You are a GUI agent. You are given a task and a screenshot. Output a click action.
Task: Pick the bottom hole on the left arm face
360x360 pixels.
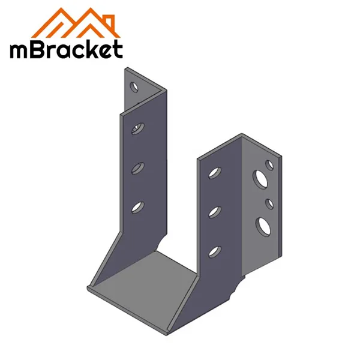[139, 207]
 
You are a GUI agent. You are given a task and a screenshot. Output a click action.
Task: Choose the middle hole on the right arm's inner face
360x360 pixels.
[213, 211]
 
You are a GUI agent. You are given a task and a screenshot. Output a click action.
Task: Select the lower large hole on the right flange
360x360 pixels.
[262, 225]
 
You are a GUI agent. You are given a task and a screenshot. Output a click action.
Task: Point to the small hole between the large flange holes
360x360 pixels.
[269, 203]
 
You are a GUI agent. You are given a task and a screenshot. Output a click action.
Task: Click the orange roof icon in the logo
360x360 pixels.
[66, 23]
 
